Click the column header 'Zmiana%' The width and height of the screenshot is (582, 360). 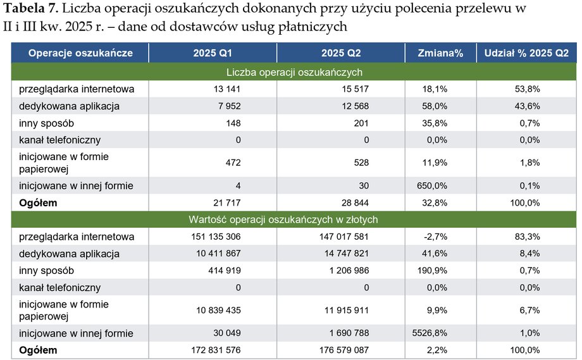(441, 53)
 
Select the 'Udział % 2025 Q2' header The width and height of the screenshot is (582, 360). (526, 53)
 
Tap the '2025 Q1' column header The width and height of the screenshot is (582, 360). (213, 53)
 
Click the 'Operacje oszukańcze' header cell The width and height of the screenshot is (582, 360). (80, 53)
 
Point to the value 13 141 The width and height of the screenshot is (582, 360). (227, 89)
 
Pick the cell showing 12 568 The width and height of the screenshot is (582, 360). (354, 106)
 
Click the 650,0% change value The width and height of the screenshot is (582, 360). (435, 185)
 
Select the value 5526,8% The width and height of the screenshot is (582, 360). (433, 333)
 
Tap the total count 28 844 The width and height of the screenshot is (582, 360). (354, 202)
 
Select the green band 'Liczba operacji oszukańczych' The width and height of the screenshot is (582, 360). (294, 71)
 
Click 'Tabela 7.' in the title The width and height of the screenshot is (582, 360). (32, 9)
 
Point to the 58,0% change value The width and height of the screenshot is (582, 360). (435, 106)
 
